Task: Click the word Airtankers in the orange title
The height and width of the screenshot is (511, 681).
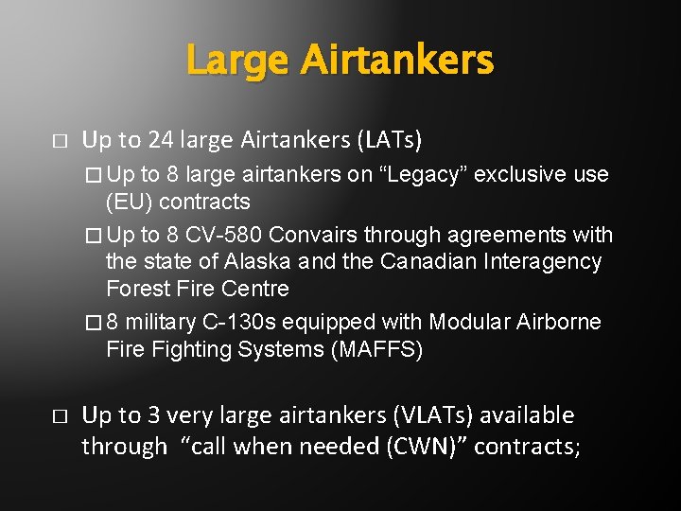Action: (x=396, y=62)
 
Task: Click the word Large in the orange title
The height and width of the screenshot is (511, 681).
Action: (x=239, y=62)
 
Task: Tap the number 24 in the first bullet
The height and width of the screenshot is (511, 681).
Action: (x=162, y=141)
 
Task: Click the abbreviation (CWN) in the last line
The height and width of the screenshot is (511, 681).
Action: (x=424, y=446)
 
